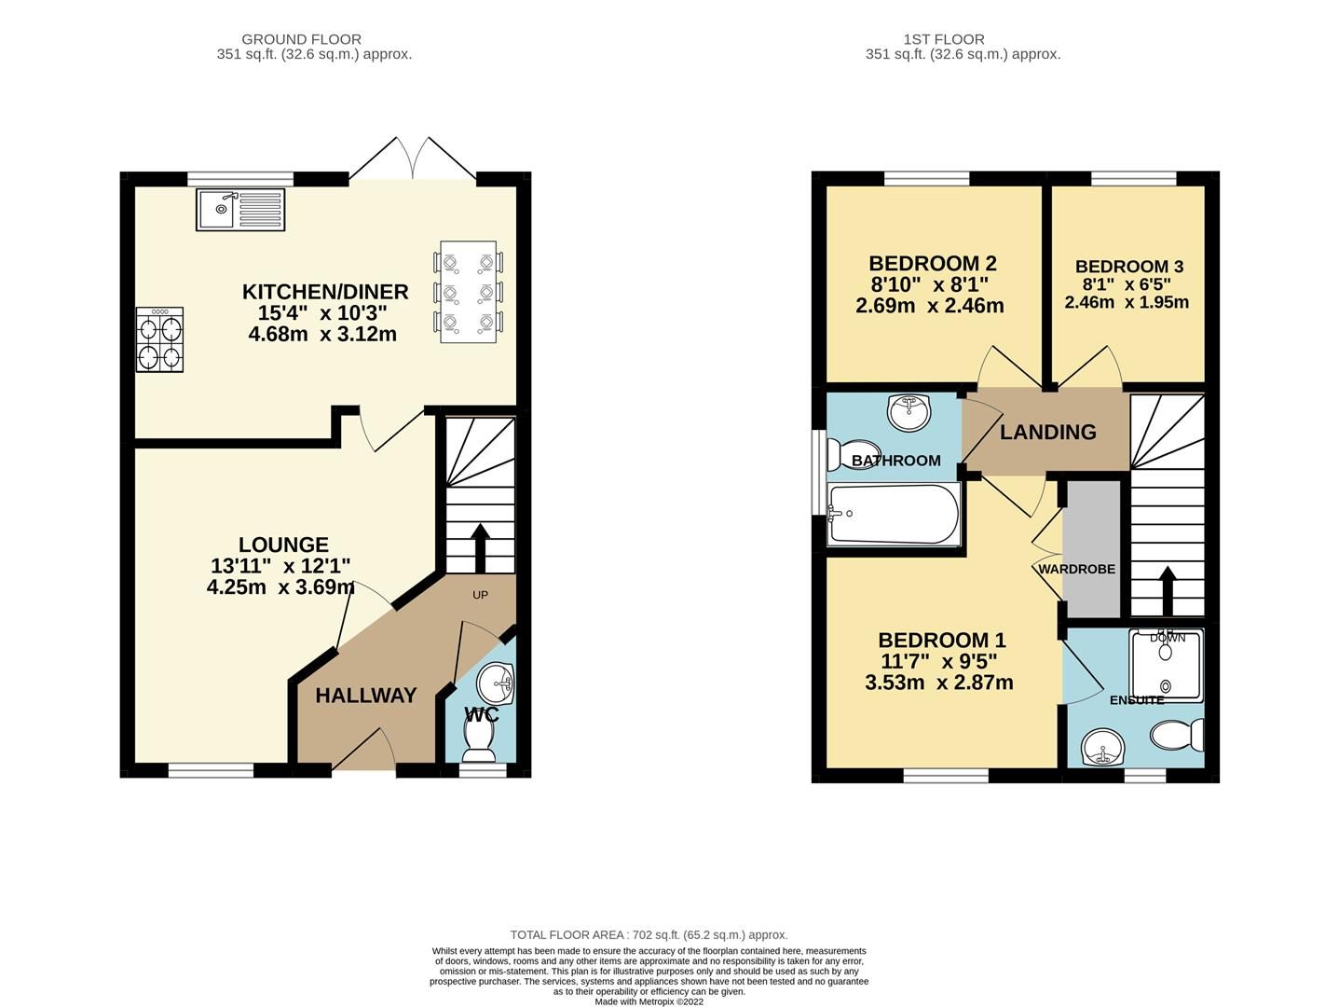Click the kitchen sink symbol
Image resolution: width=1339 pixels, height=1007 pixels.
tap(240, 209)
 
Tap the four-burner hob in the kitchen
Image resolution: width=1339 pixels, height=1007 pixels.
tap(159, 340)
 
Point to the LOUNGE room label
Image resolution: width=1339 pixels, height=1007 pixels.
tap(283, 545)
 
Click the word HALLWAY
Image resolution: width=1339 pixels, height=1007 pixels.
tap(365, 696)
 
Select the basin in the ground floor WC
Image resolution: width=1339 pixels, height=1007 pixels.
tap(495, 683)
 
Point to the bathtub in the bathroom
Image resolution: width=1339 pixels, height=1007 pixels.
tap(894, 514)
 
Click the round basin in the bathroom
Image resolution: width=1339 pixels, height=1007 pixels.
tap(909, 411)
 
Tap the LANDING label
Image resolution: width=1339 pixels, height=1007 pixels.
tap(1047, 432)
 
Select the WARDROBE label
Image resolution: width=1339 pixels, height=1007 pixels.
tap(1076, 569)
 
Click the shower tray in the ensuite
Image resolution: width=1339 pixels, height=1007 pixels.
tap(1166, 665)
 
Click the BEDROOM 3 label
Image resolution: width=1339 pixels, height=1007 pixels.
tap(1128, 267)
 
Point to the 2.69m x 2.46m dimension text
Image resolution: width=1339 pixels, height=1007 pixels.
tap(929, 305)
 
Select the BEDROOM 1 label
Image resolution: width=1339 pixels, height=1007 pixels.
tap(941, 641)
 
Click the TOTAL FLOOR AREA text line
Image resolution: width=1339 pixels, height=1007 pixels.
tap(649, 934)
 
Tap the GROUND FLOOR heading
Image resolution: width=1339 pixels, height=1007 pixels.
tap(301, 39)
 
